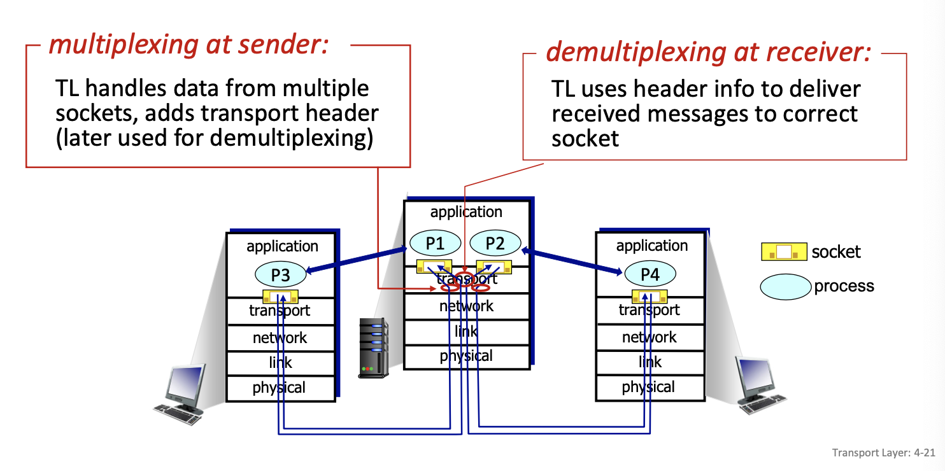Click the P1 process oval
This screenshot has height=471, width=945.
pyautogui.click(x=435, y=243)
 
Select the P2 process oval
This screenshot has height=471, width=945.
pyautogui.click(x=495, y=243)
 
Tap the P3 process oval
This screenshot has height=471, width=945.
pyautogui.click(x=281, y=275)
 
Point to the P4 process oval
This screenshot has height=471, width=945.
pyautogui.click(x=650, y=274)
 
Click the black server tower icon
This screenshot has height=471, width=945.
pyautogui.click(x=373, y=348)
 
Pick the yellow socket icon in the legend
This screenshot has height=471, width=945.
pyautogui.click(x=784, y=252)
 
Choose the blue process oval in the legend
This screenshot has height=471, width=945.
pyautogui.click(x=786, y=286)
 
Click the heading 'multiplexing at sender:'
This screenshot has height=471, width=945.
pyautogui.click(x=188, y=45)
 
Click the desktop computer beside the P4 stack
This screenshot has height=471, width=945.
pyautogui.click(x=762, y=385)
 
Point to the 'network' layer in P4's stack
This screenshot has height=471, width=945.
pyautogui.click(x=650, y=337)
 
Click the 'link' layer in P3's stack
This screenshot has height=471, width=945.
pyautogui.click(x=280, y=362)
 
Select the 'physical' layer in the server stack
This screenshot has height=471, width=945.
pyautogui.click(x=466, y=356)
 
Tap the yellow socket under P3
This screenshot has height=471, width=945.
pyautogui.click(x=280, y=297)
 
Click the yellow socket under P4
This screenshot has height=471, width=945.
pyautogui.click(x=650, y=296)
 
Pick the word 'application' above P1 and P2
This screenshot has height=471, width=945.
pyautogui.click(x=466, y=212)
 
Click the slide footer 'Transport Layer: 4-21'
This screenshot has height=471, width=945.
pyautogui.click(x=883, y=453)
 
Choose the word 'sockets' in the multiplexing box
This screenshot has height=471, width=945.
pyautogui.click(x=96, y=114)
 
